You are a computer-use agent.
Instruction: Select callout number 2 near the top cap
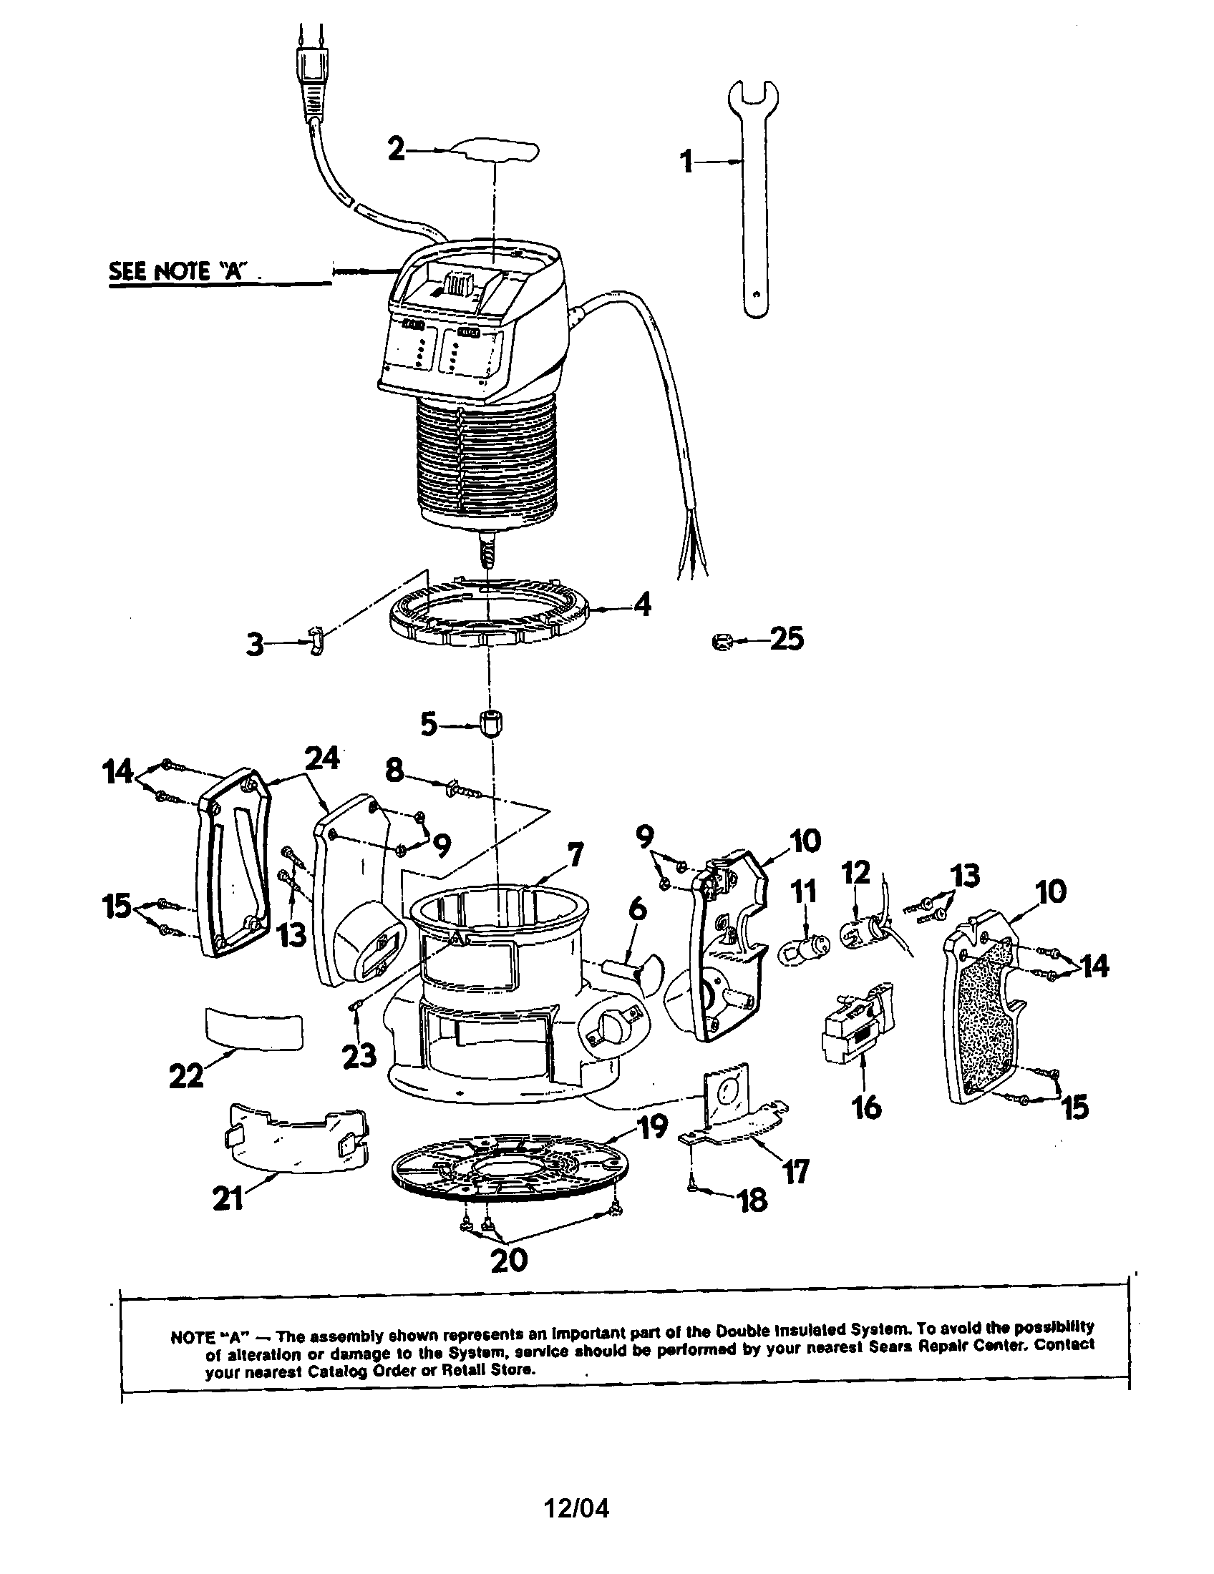point(397,150)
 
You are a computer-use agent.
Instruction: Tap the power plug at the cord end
point(311,87)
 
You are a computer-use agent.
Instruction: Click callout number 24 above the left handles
point(321,758)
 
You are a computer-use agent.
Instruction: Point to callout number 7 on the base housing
point(574,855)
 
